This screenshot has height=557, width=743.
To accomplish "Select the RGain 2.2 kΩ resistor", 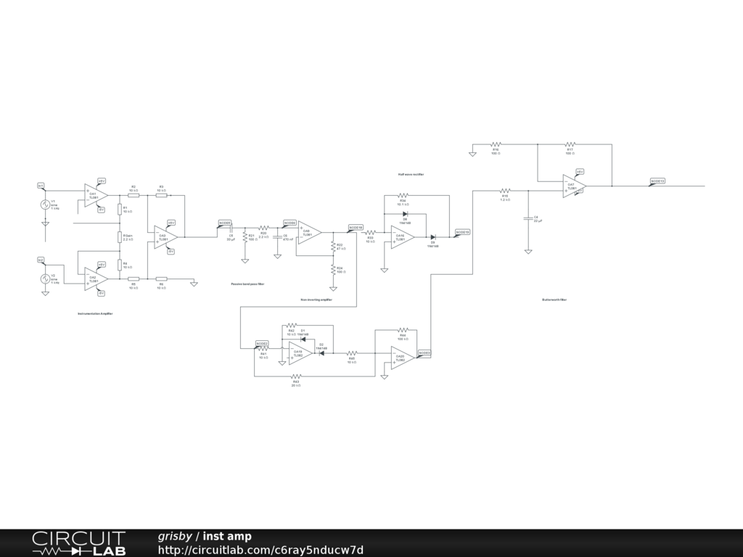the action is pyautogui.click(x=120, y=236).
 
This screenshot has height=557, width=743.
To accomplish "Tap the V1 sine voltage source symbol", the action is pyautogui.click(x=44, y=205).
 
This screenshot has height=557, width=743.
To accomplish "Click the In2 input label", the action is pyautogui.click(x=41, y=259).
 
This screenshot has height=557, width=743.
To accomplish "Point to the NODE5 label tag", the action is pyautogui.click(x=225, y=223).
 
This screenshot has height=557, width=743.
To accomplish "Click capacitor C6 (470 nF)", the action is pyautogui.click(x=277, y=237).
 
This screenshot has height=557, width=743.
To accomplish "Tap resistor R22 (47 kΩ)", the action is pyautogui.click(x=333, y=247).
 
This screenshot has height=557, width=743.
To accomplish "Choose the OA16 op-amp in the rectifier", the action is pyautogui.click(x=401, y=237).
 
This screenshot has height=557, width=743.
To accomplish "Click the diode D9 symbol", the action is pyautogui.click(x=432, y=237).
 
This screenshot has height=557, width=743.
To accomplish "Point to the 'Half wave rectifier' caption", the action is pyautogui.click(x=411, y=175).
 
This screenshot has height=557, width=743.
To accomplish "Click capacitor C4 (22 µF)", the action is pyautogui.click(x=528, y=218).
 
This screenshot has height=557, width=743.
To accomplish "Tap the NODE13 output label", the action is pyautogui.click(x=657, y=181).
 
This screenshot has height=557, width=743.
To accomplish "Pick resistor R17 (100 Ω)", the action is pyautogui.click(x=570, y=144).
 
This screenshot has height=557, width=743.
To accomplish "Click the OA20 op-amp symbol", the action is pyautogui.click(x=401, y=358).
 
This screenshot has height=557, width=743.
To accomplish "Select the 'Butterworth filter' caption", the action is pyautogui.click(x=554, y=300).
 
